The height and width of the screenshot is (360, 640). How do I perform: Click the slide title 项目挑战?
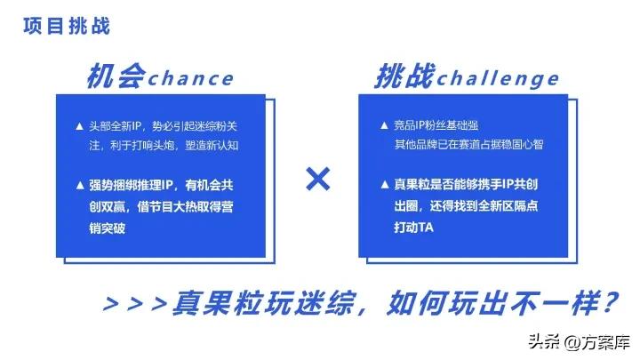click(68, 26)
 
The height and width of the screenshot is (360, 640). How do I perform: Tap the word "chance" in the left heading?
click(190, 78)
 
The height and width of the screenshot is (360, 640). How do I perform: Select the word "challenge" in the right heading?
click(499, 78)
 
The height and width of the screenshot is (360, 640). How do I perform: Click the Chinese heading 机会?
click(116, 76)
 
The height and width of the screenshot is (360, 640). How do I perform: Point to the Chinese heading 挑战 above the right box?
click(404, 76)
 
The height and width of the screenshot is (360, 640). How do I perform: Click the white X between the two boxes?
click(317, 180)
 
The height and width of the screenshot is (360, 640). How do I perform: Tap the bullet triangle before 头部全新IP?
click(80, 125)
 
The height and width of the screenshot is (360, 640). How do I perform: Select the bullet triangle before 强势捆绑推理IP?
click(80, 186)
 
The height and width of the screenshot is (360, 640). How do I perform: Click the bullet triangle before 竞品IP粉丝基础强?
click(383, 125)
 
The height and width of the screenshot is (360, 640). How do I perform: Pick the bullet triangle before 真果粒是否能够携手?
click(383, 186)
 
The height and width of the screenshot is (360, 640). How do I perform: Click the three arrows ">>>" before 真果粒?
click(135, 303)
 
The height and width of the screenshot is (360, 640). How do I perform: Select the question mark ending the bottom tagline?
click(608, 302)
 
